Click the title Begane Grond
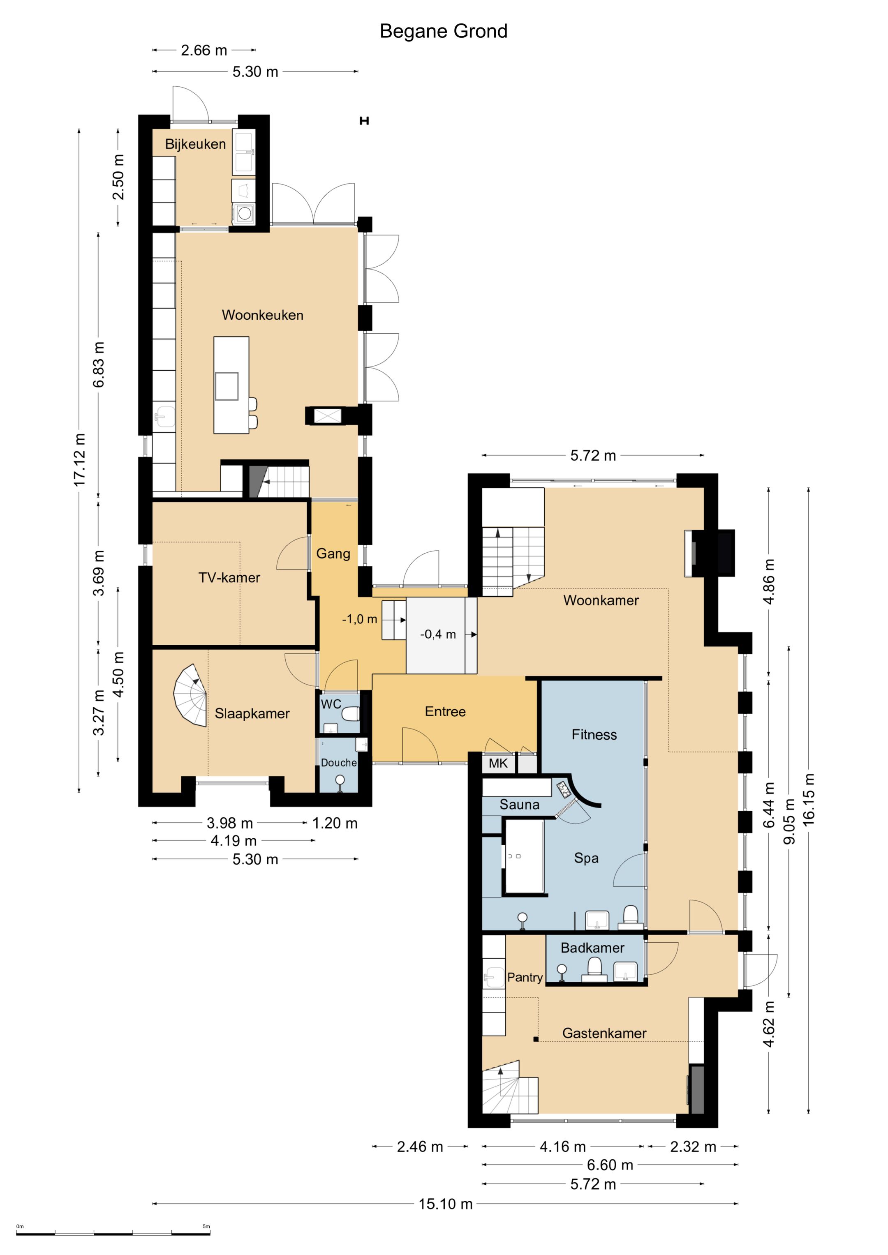click(444, 31)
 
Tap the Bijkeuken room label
click(195, 144)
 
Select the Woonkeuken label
click(262, 315)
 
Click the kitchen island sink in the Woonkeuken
click(227, 386)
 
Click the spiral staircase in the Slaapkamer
click(191, 695)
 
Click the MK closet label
click(498, 763)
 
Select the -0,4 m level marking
click(438, 634)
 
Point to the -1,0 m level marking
click(359, 619)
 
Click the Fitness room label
click(594, 735)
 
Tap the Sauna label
click(520, 805)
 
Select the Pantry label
click(525, 977)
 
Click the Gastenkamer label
click(604, 1033)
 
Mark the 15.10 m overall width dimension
click(445, 1204)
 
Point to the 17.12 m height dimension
click(80, 460)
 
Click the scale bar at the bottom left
click(113, 1234)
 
